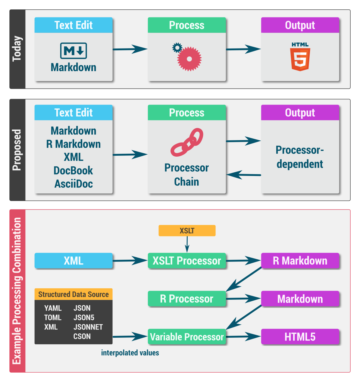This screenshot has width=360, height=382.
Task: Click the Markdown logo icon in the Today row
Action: coord(74,51)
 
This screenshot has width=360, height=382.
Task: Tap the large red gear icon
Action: coord(189,59)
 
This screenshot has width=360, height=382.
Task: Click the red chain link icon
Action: coord(187,142)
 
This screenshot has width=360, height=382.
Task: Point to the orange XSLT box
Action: coord(187,231)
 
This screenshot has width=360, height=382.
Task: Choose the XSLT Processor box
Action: coord(187,261)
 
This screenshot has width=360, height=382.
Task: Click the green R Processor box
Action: coord(187,299)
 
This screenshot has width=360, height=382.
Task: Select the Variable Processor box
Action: coord(187,337)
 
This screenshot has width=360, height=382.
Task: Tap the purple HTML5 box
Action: coord(300,337)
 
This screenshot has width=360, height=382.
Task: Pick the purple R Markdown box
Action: coord(300,261)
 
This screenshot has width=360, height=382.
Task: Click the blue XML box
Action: coord(74,261)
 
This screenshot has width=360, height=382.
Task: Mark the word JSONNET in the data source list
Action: coord(88,327)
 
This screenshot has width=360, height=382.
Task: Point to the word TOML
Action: coord(53,318)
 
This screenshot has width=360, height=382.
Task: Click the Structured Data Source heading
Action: coord(74,294)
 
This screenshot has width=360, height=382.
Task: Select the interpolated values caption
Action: coord(130,353)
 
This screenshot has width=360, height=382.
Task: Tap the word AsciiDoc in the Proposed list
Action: coord(74,184)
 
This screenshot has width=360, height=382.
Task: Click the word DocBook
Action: coord(73,171)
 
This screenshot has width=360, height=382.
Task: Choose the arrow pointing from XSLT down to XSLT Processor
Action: coord(187,244)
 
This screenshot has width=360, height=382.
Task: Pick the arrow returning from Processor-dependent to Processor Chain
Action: coord(243,174)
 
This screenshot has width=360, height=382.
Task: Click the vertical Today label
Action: coord(17,49)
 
